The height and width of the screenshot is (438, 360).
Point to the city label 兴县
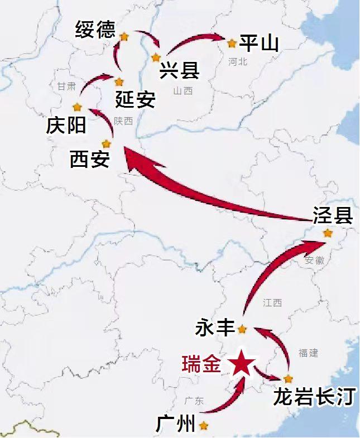(x=179, y=71)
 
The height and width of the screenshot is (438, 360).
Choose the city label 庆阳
(x=66, y=126)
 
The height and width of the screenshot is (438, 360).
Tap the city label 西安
(x=89, y=160)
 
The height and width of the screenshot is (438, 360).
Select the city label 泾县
(x=333, y=215)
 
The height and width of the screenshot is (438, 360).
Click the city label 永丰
(x=214, y=329)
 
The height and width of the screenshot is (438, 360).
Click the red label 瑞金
(x=201, y=364)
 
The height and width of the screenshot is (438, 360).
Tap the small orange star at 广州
(x=204, y=426)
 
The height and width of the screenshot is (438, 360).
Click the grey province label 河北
(x=237, y=62)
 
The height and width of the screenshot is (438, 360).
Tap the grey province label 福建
(x=308, y=353)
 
